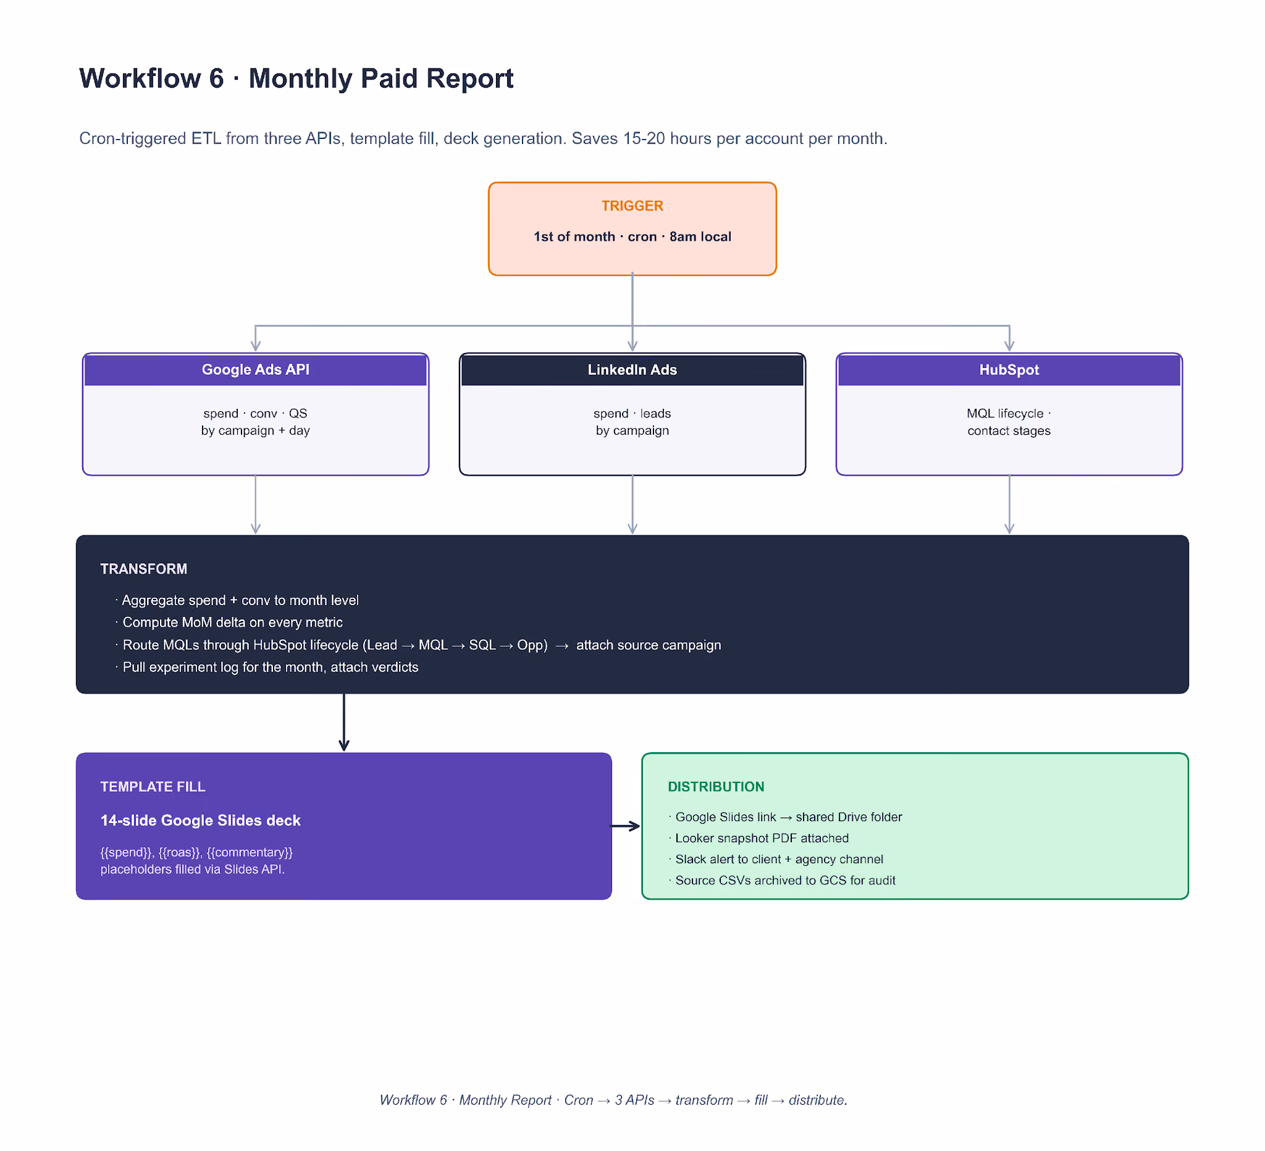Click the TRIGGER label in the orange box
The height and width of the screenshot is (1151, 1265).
(x=632, y=206)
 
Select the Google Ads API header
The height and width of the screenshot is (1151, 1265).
(x=255, y=369)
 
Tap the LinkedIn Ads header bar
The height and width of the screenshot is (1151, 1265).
(x=632, y=369)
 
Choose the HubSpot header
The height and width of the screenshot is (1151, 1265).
(x=1009, y=369)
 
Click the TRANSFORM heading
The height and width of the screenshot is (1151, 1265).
(x=144, y=569)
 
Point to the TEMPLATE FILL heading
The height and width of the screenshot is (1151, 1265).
(x=153, y=787)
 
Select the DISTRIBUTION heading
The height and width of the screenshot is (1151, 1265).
(x=716, y=787)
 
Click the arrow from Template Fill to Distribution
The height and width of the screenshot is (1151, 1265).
(x=626, y=826)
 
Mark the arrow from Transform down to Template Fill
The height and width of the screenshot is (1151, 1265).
(x=344, y=722)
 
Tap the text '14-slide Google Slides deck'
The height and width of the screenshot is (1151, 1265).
(x=200, y=821)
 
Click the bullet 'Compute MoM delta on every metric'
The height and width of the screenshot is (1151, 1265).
(x=229, y=622)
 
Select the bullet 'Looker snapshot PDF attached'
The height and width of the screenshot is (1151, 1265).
(x=759, y=838)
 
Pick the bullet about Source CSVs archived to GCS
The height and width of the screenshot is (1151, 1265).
(x=782, y=880)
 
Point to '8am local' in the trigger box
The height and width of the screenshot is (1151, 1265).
(x=700, y=236)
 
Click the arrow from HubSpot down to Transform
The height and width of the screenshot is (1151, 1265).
(x=1009, y=505)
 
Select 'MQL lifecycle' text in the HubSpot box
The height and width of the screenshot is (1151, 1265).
(x=1004, y=413)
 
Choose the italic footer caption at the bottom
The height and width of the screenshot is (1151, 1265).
(x=613, y=1100)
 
